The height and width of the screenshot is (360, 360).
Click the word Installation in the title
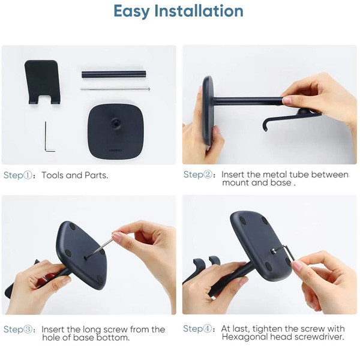(199, 11)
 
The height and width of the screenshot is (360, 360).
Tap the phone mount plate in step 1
(43, 82)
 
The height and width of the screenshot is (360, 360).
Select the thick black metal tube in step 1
(113, 74)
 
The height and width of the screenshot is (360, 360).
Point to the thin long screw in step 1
(115, 89)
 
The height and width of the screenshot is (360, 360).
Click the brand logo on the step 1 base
(116, 151)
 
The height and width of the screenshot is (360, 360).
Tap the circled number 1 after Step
(28, 175)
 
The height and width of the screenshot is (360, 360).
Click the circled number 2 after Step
(208, 175)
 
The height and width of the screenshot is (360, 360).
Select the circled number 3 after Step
(28, 329)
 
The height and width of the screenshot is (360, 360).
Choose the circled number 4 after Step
(208, 329)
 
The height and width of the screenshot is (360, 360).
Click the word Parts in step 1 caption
(97, 175)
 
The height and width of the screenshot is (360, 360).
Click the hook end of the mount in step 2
(266, 125)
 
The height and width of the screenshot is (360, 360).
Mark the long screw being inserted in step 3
(100, 248)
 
